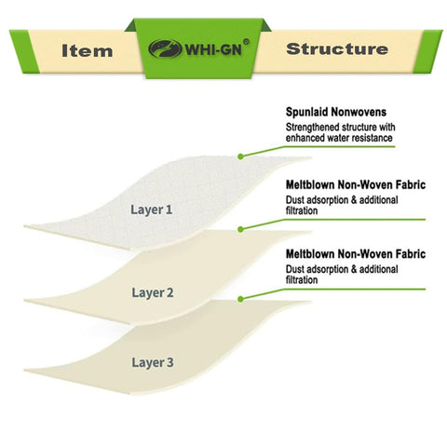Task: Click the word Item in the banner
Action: (88, 50)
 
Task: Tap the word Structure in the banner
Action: (337, 49)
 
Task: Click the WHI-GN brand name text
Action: (213, 49)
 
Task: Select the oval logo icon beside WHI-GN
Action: (165, 48)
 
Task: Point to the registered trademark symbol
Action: (246, 42)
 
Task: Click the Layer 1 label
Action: (151, 210)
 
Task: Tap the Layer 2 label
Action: (153, 292)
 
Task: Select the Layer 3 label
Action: (153, 362)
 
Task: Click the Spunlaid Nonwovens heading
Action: (336, 112)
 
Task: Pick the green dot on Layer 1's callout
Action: (240, 156)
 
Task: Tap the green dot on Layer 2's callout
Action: (240, 229)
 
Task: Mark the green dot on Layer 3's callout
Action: (240, 299)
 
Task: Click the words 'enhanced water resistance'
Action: (339, 138)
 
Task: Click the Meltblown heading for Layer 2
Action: (356, 185)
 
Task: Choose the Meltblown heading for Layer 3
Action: (356, 254)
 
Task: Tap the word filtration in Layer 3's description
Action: (302, 280)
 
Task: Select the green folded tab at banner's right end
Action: (427, 51)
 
